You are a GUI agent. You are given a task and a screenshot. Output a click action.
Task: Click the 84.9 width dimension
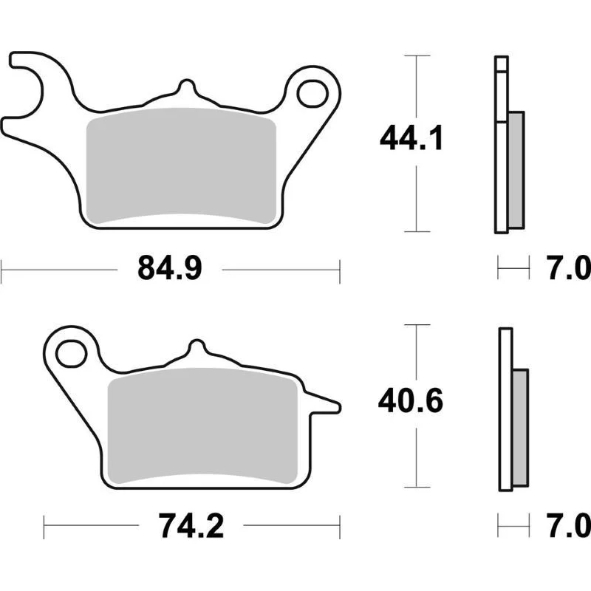[x=170, y=269]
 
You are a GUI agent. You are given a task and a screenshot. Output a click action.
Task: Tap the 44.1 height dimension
[x=411, y=138]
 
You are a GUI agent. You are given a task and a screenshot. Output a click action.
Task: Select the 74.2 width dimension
[x=191, y=526]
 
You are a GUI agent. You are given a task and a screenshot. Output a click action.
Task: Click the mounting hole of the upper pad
[x=312, y=93]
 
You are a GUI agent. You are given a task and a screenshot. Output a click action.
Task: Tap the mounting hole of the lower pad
[x=71, y=353]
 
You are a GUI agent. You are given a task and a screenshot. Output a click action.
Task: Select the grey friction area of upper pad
[x=181, y=165]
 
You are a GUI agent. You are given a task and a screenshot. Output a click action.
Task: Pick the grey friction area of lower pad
[x=202, y=426]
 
